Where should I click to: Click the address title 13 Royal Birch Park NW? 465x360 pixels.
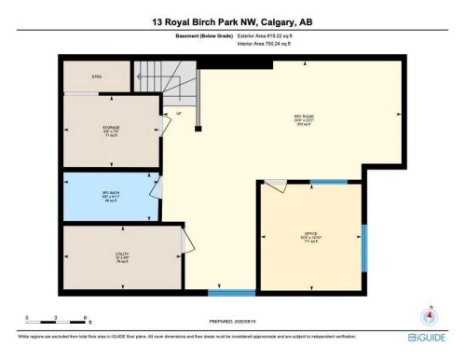232,21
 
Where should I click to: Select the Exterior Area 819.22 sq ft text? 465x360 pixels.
271,36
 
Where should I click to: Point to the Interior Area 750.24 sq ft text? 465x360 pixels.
271,44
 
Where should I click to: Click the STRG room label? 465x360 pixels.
96,76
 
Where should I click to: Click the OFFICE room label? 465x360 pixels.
311,234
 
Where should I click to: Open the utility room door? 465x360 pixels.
185,242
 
